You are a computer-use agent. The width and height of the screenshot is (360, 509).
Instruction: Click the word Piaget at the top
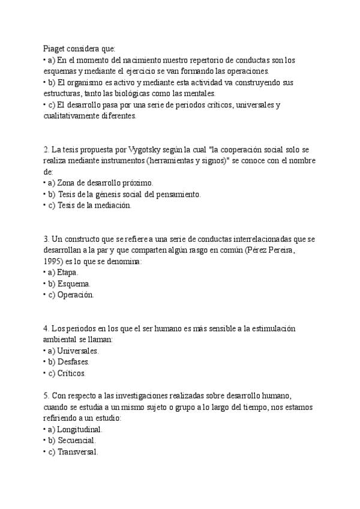pyautogui.click(x=56, y=49)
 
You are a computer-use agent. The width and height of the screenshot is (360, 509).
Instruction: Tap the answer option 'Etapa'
pyautogui.click(x=67, y=272)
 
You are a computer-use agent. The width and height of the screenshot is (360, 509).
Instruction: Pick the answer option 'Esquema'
pyautogui.click(x=74, y=283)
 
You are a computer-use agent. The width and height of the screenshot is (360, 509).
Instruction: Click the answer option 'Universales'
pyautogui.click(x=77, y=351)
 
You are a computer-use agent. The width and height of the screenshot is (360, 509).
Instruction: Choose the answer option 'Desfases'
pyautogui.click(x=74, y=362)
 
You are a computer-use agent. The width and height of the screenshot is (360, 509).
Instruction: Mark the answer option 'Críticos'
pyautogui.click(x=71, y=373)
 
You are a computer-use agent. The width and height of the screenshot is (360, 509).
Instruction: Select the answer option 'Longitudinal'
pyautogui.click(x=80, y=429)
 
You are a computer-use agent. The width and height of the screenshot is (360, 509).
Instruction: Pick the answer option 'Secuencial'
pyautogui.click(x=77, y=441)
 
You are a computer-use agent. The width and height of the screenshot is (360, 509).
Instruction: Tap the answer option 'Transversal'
pyautogui.click(x=78, y=452)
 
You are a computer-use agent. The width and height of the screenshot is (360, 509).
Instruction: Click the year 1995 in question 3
pyautogui.click(x=53, y=261)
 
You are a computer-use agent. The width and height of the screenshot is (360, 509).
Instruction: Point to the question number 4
pyautogui.click(x=46, y=328)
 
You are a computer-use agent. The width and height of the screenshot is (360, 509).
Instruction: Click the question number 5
pyautogui.click(x=46, y=396)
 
